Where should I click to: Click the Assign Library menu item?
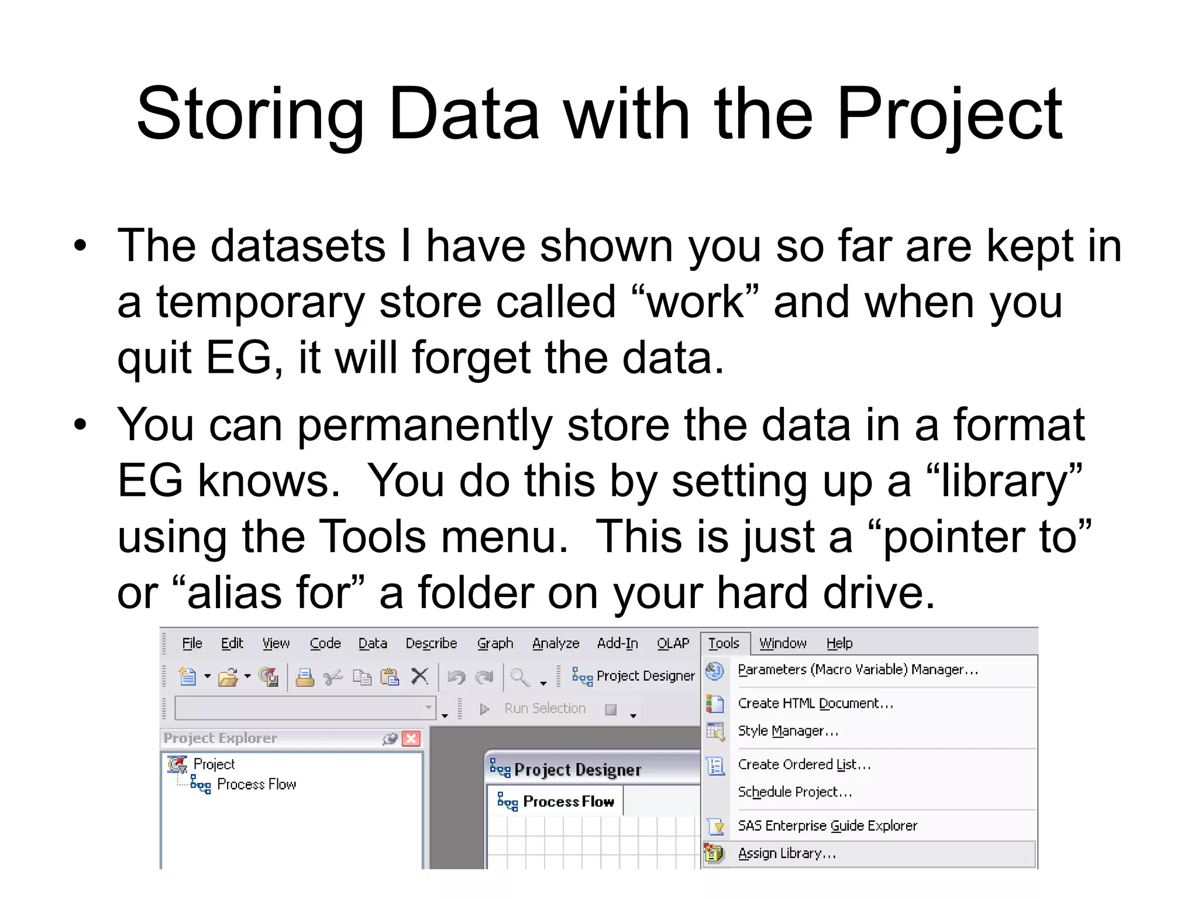coord(787,853)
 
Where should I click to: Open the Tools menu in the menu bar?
coord(724,643)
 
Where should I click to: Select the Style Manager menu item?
coord(788,731)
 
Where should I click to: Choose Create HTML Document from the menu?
coord(815,703)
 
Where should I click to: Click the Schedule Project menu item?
coord(794,792)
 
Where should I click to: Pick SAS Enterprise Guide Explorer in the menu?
coord(827,826)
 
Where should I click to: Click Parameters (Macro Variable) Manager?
coord(858,670)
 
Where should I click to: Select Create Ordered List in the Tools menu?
coord(804,764)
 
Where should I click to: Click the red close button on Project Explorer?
coord(412,738)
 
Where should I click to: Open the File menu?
coord(192,643)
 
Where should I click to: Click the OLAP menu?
coord(673,643)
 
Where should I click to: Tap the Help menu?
coord(839,643)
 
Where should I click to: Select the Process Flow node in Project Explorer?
coord(256,784)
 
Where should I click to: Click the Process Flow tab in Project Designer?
coord(568,801)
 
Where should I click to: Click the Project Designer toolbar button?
coord(634,676)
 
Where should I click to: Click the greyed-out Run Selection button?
coord(544,709)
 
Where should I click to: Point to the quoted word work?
coord(696,303)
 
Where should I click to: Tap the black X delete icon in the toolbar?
coord(419,676)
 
